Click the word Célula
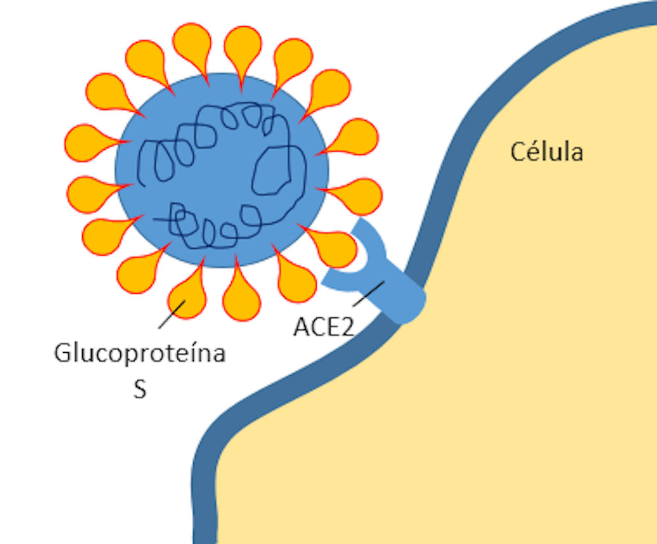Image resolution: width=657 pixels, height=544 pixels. click(547, 152)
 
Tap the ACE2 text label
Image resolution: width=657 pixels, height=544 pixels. click(324, 327)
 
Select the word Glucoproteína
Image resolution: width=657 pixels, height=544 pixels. click(140, 353)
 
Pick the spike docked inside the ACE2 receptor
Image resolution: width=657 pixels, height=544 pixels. click(335, 246)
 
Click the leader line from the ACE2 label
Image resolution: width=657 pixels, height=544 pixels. click(368, 294)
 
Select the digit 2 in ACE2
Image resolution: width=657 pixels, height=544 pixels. click(346, 327)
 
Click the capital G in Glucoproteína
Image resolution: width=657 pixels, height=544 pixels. click(63, 353)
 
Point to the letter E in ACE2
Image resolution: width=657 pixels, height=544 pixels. click(332, 327)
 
